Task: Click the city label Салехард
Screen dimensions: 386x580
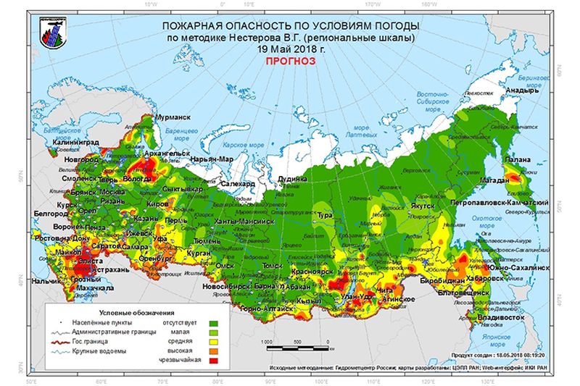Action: tap(237, 184)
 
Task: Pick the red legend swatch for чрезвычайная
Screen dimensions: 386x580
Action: tap(213, 359)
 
